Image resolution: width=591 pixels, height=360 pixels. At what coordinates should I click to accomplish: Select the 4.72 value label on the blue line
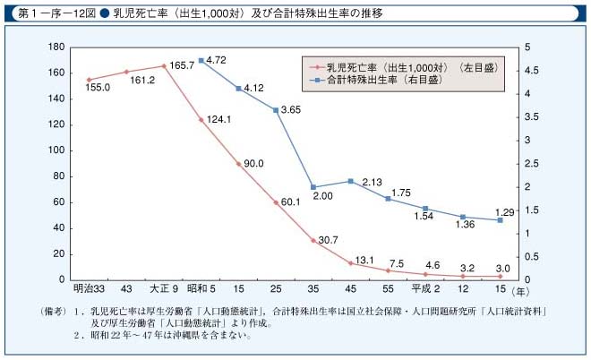[x=219, y=60]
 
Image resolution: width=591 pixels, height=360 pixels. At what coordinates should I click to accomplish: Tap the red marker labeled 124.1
[x=201, y=119]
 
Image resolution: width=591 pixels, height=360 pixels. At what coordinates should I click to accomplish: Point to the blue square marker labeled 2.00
[x=313, y=187]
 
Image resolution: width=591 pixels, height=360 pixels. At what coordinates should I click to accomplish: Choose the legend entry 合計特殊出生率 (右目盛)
[x=398, y=80]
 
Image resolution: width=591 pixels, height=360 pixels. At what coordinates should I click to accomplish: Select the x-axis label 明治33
[x=88, y=289]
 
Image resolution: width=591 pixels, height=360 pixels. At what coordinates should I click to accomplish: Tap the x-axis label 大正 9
[x=163, y=289]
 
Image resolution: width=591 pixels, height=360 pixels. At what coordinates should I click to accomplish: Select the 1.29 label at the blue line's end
[x=507, y=211]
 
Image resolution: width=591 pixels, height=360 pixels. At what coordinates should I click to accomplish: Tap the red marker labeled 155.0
[x=89, y=80]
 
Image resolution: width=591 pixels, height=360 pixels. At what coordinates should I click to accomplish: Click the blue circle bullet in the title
[x=104, y=13]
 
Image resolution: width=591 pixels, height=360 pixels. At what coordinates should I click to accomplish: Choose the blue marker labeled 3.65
[x=276, y=109]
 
